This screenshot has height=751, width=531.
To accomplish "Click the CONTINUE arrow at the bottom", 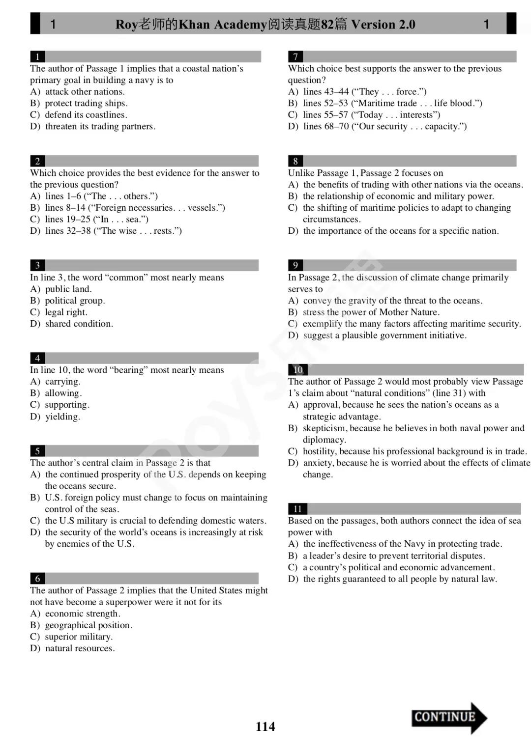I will (448, 718).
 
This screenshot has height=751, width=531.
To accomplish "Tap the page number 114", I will (265, 726).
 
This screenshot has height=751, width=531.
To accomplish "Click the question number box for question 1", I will (37, 56).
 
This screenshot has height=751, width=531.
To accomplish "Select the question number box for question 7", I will (295, 56).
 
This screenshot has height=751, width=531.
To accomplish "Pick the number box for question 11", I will (297, 509).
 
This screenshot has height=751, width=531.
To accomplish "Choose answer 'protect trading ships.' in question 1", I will (86, 103).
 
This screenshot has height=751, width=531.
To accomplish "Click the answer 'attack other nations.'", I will (85, 91).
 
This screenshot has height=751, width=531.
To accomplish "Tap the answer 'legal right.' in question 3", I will (66, 312).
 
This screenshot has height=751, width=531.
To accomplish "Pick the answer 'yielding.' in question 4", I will (62, 417).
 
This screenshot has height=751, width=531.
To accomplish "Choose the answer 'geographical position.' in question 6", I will (88, 625).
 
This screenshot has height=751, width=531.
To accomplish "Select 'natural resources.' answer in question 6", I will (80, 648).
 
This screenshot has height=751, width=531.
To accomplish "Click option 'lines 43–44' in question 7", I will (325, 91).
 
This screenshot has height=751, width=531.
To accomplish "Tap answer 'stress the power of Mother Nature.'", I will (371, 312).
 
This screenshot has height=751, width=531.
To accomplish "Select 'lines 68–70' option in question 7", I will (325, 126).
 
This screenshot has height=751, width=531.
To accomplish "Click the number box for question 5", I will (37, 451).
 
